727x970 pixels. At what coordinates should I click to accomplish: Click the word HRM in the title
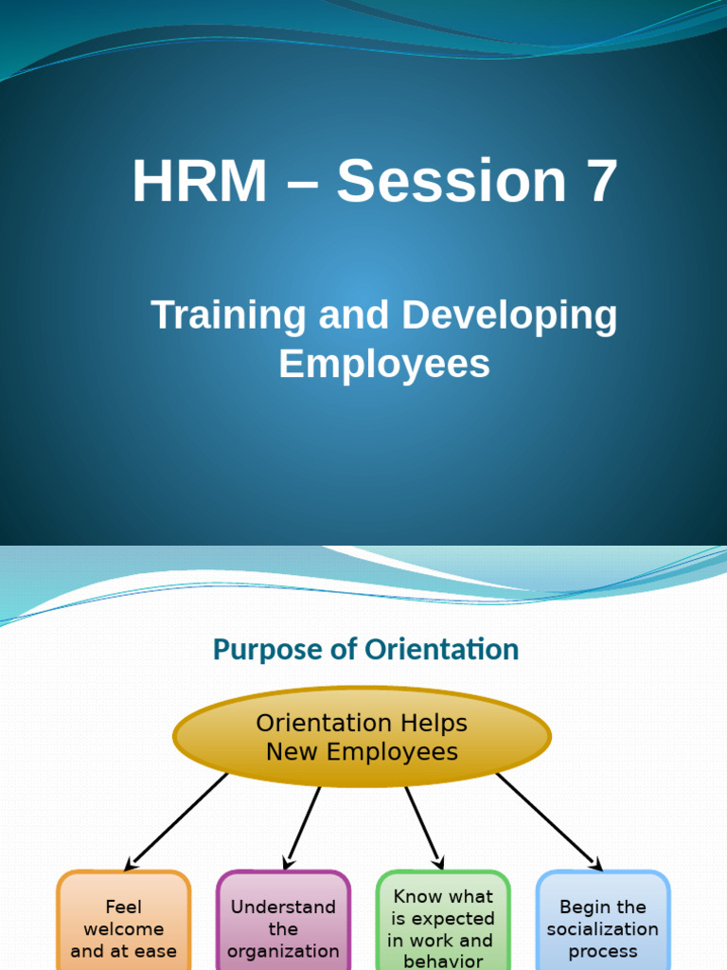pos(200,182)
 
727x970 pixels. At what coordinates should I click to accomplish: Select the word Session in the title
pos(452,182)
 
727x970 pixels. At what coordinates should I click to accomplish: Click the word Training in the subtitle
pos(228,315)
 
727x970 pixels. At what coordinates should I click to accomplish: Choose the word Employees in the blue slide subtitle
pos(384,365)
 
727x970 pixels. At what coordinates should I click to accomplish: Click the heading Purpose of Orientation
pos(365,650)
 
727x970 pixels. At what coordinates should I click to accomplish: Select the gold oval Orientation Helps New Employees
pos(362,737)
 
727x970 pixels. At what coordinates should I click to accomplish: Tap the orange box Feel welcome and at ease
pos(124,924)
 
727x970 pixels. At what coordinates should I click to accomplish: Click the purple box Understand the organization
pos(283,924)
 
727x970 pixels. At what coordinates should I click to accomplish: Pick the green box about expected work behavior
pos(442,924)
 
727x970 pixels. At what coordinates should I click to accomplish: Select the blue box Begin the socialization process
pos(602,924)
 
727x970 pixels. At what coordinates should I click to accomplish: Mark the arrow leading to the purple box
pos(303,822)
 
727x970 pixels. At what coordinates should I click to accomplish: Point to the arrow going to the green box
pos(423,822)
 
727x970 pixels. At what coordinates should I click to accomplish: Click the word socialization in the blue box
pos(602,929)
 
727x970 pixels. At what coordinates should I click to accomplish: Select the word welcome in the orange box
pos(124,929)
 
